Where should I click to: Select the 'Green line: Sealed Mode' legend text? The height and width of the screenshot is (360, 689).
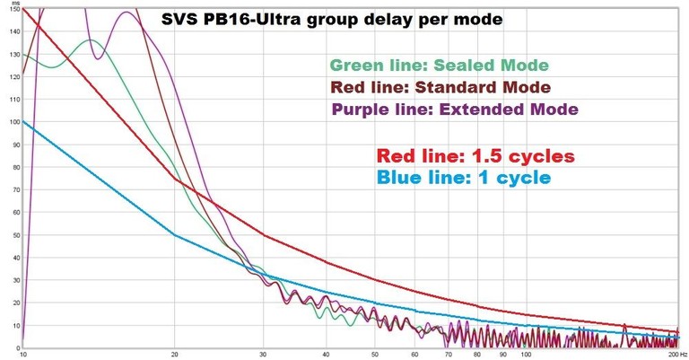439,66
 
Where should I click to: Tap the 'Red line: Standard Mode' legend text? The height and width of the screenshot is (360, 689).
440,87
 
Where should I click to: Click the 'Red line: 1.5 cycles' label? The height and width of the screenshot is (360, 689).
475,155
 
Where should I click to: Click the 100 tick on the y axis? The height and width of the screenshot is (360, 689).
13,122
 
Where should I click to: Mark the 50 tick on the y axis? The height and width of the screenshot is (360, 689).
13,235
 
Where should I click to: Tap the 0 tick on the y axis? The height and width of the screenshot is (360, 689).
16,347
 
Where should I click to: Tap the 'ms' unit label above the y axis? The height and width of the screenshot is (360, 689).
13,4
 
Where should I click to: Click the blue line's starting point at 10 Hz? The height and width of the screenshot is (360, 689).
23,122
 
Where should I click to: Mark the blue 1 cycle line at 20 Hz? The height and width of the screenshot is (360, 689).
174,235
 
